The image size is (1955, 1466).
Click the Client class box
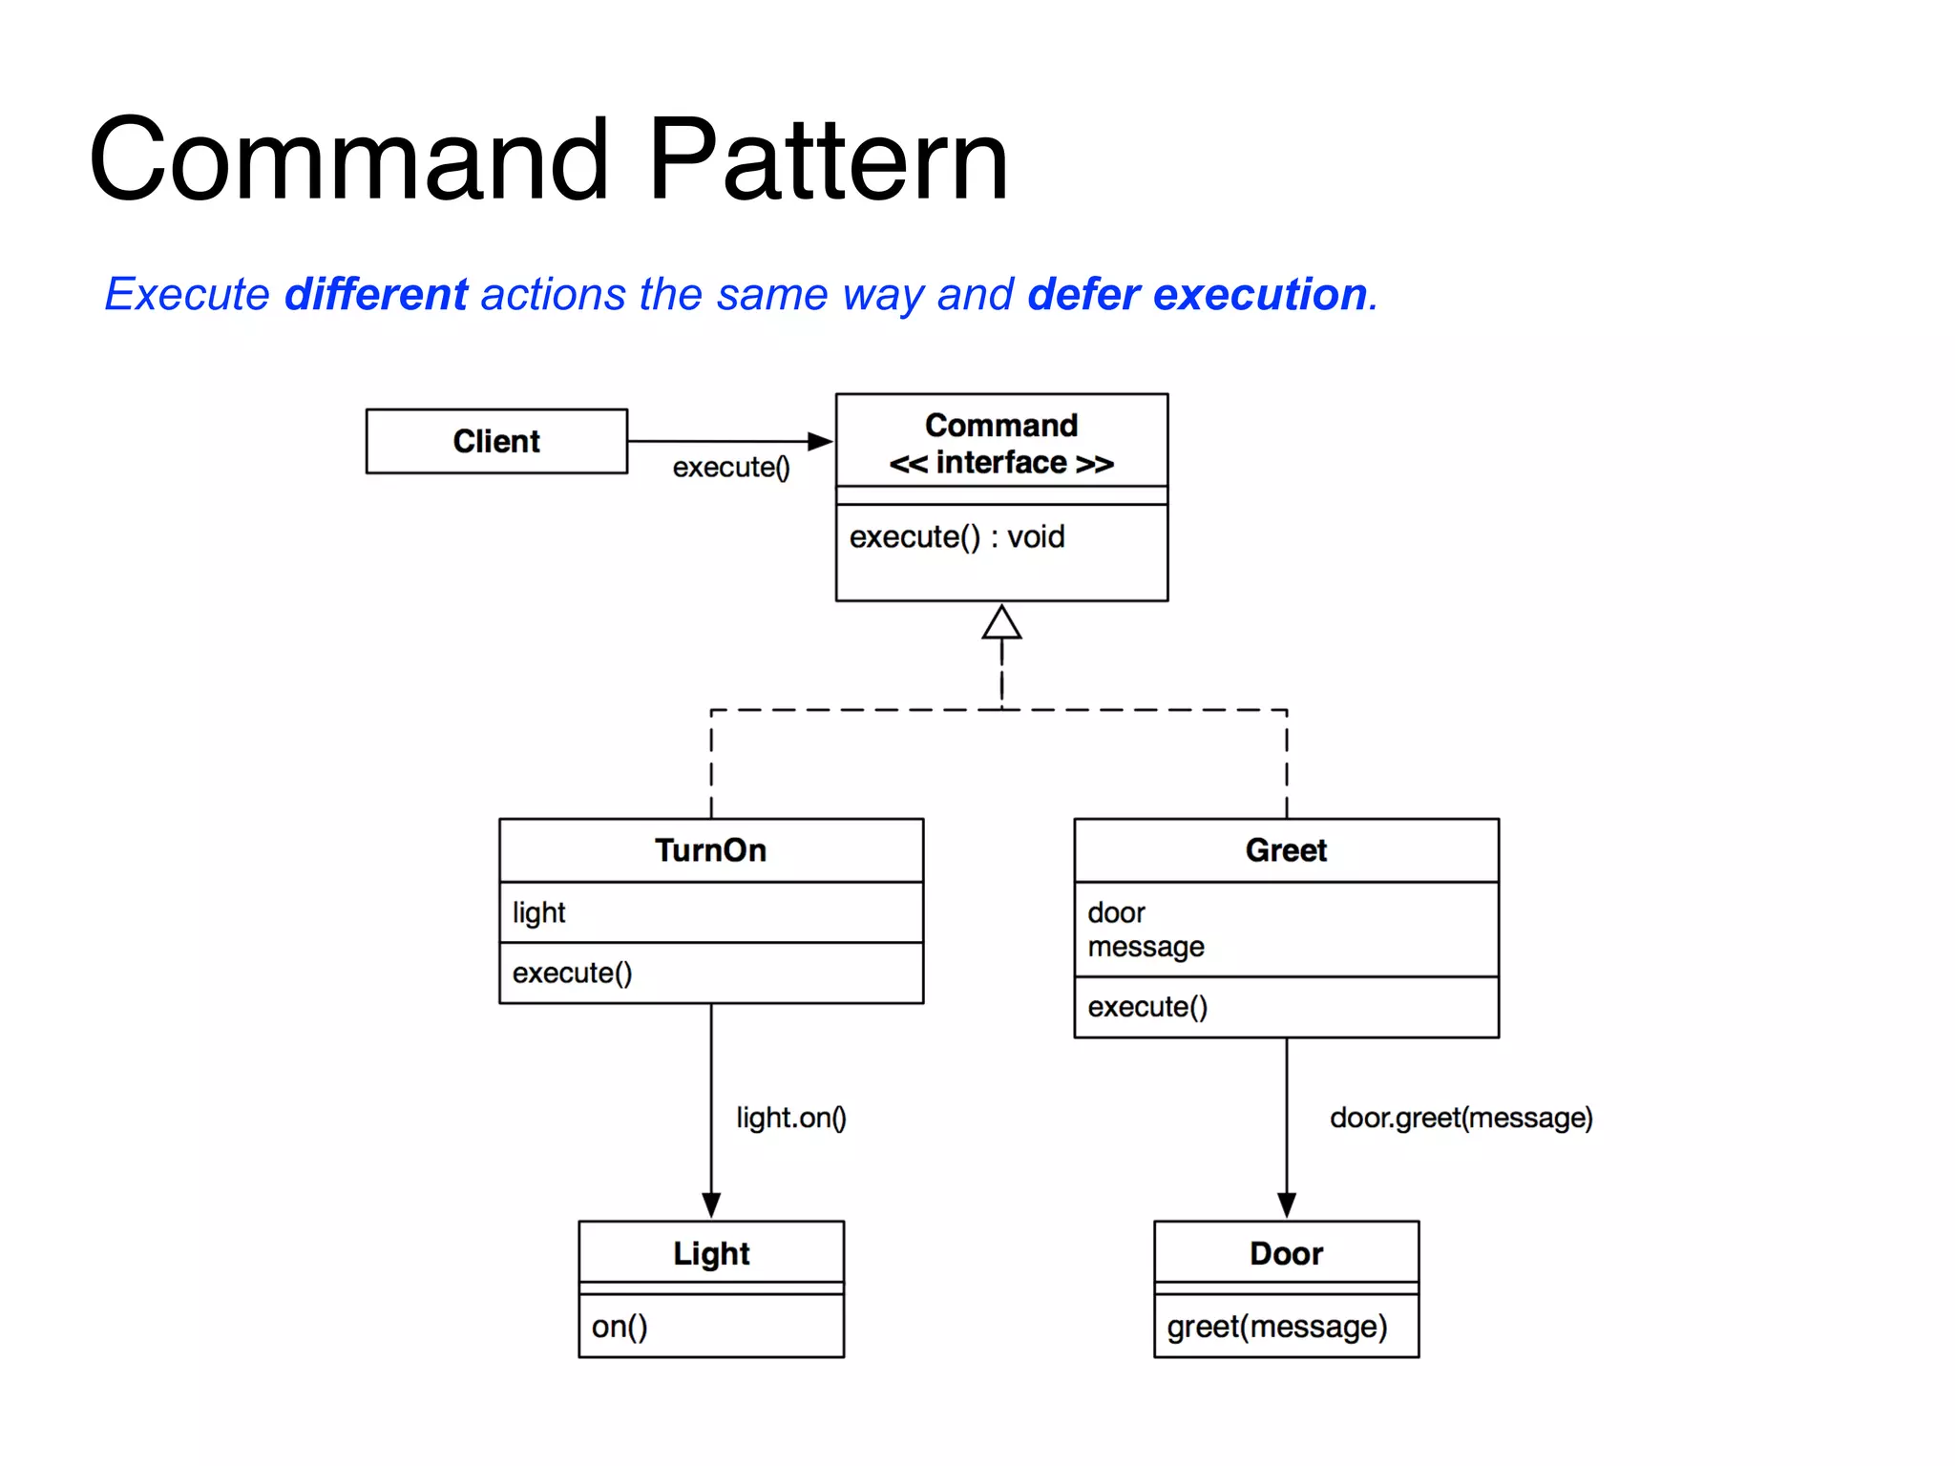pos(496,441)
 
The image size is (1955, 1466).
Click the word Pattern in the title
pos(828,160)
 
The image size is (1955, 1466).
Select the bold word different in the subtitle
pos(376,294)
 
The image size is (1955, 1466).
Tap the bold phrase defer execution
pos(1197,294)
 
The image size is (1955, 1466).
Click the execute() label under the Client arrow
pos(731,468)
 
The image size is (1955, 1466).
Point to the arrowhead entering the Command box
pos(820,441)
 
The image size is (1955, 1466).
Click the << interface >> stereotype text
pos(1001,463)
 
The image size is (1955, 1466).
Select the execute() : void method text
pos(956,537)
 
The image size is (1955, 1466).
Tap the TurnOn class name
pos(711,850)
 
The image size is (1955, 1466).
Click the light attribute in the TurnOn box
pos(539,912)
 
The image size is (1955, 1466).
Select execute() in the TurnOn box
pos(572,974)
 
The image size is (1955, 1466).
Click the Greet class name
pos(1286,850)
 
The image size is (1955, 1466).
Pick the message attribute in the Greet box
pos(1146,947)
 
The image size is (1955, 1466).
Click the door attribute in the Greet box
pos(1116,912)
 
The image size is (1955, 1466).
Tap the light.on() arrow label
pos(791,1118)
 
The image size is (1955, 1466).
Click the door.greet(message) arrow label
pos(1461,1118)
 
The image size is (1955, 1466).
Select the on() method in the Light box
pos(620,1327)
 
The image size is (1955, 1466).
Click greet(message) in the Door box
pos(1276,1327)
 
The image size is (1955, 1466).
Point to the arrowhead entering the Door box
pos(1286,1204)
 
